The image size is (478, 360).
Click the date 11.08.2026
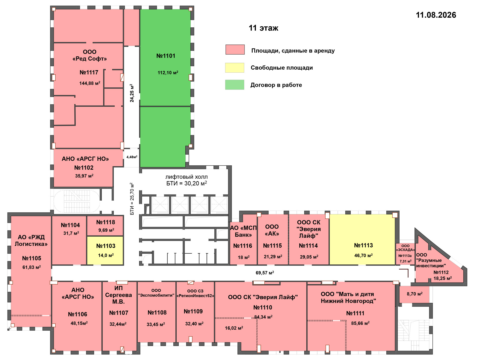click(x=436, y=15)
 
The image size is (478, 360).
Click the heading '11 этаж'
click(x=263, y=28)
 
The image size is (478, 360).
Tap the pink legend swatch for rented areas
click(x=235, y=50)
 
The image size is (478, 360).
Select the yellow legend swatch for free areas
click(x=235, y=68)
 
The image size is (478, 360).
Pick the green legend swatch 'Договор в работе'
click(x=235, y=85)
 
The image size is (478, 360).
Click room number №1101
click(x=166, y=56)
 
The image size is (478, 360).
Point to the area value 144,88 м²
click(x=90, y=83)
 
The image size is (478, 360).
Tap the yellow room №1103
click(x=105, y=250)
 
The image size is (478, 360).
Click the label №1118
click(x=106, y=222)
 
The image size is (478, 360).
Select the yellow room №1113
click(x=362, y=240)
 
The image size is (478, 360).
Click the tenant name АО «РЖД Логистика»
click(x=31, y=241)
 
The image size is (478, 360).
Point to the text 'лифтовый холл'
click(x=186, y=177)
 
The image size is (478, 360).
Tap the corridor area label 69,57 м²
click(x=265, y=273)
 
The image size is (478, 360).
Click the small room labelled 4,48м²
click(x=132, y=157)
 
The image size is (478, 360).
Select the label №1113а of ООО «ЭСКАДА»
click(x=405, y=256)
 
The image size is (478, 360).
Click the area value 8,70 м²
click(x=415, y=294)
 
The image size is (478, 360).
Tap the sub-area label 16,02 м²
click(x=234, y=328)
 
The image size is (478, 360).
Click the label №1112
click(x=441, y=273)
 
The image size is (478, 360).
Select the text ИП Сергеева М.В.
click(x=118, y=295)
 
